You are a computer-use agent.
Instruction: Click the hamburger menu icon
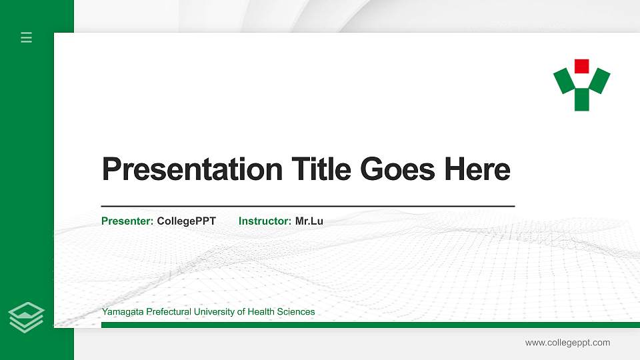[x=27, y=38]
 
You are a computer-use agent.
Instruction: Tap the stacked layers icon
[x=27, y=316]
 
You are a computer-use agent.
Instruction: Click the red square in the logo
[x=581, y=66]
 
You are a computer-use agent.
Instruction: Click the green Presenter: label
[x=127, y=221]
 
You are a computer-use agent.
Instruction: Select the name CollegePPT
[x=186, y=221]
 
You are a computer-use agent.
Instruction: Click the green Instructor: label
[x=265, y=221]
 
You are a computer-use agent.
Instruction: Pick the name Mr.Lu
[x=309, y=221]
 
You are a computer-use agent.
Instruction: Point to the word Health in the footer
[x=258, y=312]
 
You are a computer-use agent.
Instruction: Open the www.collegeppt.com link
[x=567, y=343]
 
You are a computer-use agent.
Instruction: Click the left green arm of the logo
[x=565, y=81]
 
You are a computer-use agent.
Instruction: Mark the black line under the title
[x=307, y=207]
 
